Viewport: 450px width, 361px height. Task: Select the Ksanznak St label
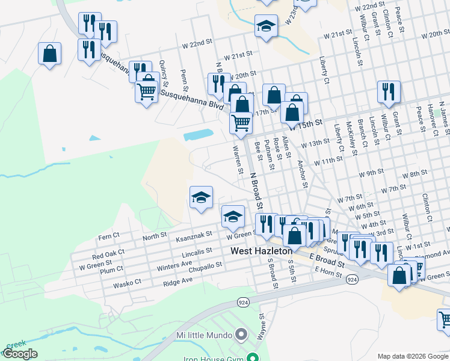[x=194, y=235]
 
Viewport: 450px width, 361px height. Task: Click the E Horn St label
[x=328, y=273]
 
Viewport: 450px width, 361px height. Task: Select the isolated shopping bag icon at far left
[x=49, y=54]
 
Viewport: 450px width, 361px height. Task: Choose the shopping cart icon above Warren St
[x=241, y=123]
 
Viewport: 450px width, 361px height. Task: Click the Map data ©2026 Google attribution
[x=413, y=356]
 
